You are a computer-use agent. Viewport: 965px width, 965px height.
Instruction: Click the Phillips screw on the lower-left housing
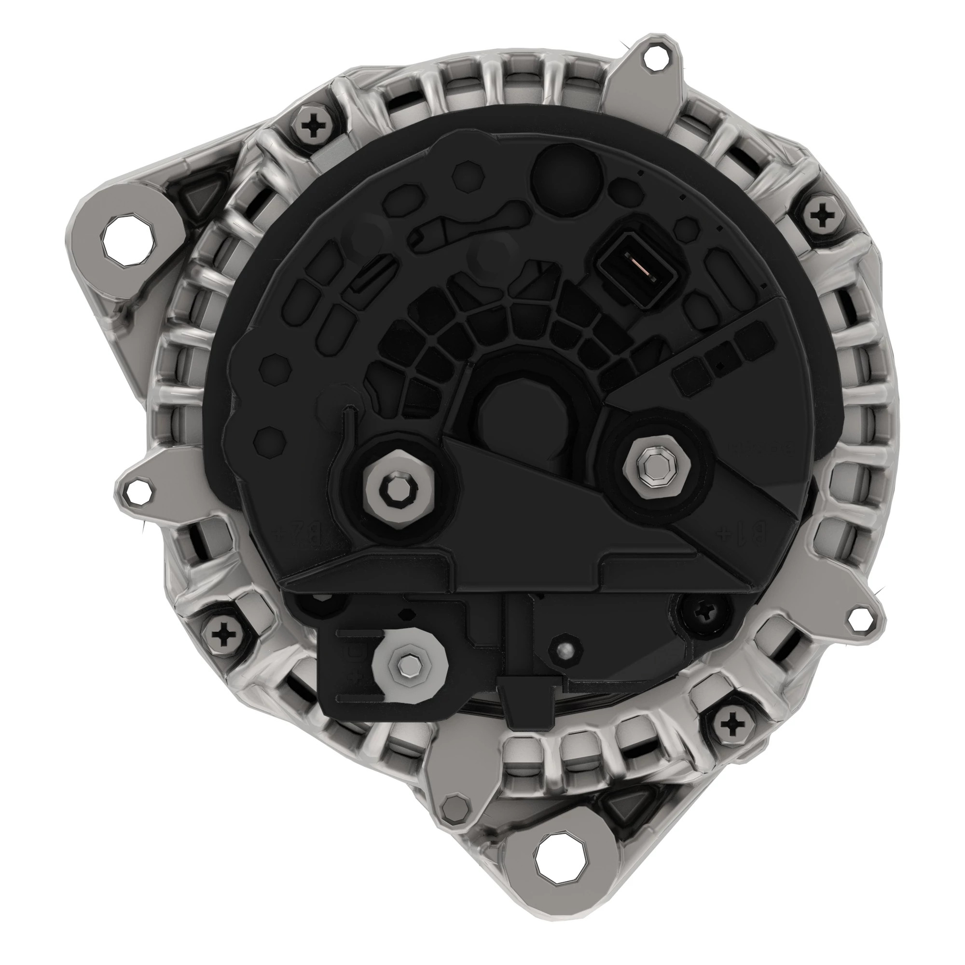coord(222,635)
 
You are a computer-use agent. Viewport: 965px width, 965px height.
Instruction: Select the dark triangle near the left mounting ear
coord(203,198)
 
